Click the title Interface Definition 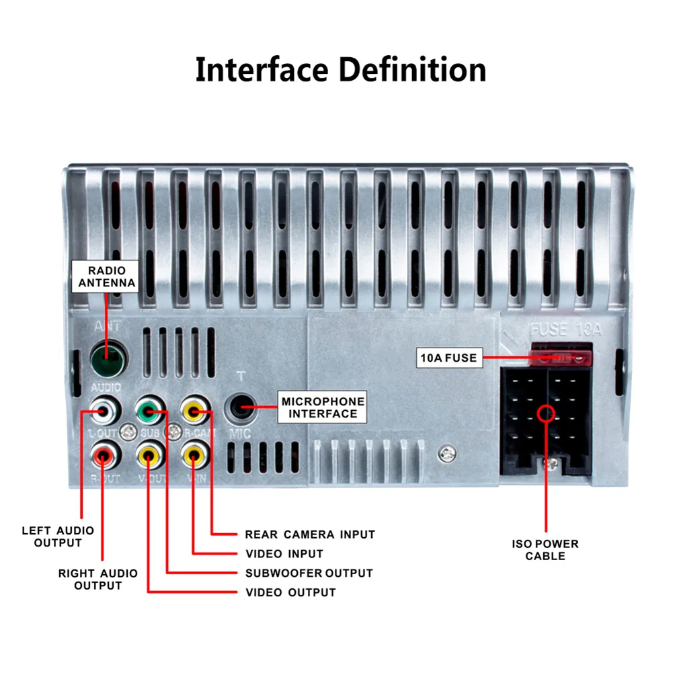(x=340, y=70)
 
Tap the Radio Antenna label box (x=106, y=277)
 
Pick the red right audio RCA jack (x=104, y=457)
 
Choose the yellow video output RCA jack (x=149, y=457)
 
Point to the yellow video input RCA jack (x=194, y=457)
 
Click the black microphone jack (x=240, y=407)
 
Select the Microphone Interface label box (x=323, y=407)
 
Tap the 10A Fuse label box (x=448, y=358)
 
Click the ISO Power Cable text (x=545, y=550)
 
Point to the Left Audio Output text (x=58, y=537)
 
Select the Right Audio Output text (x=97, y=579)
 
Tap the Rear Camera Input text (x=310, y=535)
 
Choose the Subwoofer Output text (x=309, y=573)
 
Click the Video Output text (x=290, y=592)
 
